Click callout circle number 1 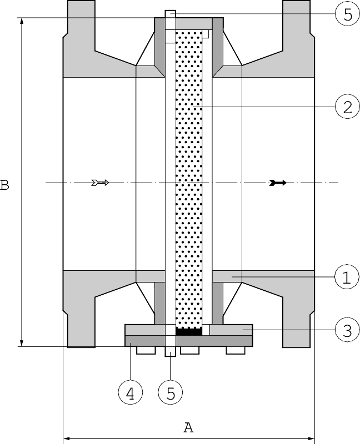point(347,277)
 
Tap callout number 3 point(347,331)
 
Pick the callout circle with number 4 point(130,393)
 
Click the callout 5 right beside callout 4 point(171,393)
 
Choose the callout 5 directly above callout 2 point(347,14)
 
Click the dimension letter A point(188,427)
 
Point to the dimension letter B point(5,184)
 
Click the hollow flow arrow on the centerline point(100,183)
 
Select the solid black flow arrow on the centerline point(277,183)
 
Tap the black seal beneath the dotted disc point(188,331)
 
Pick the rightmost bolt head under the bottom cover point(234,351)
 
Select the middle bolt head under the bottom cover point(189,351)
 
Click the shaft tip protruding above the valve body point(170,13)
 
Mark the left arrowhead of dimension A point(67,439)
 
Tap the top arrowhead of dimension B point(22,21)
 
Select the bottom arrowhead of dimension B point(22,343)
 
